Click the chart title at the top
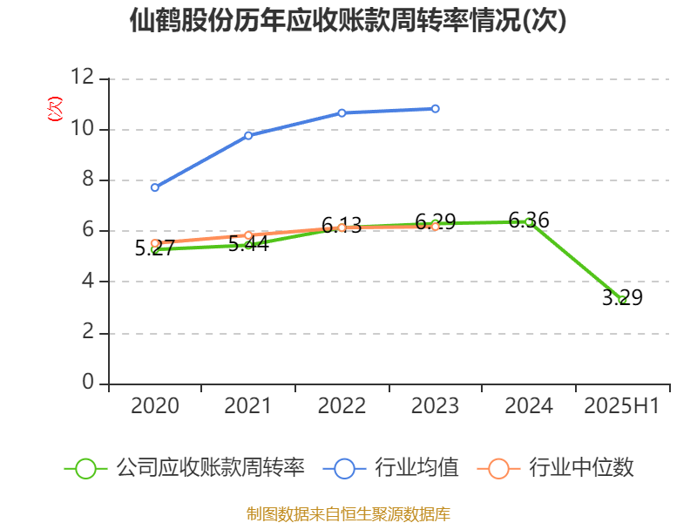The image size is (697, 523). (348, 21)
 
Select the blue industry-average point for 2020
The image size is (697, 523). (155, 187)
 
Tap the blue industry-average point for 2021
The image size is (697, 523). (248, 135)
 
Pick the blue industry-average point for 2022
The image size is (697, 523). (342, 112)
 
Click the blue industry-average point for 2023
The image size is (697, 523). (436, 109)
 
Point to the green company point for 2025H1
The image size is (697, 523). (622, 300)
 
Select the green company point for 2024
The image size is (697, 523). (529, 221)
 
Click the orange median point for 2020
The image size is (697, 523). (155, 243)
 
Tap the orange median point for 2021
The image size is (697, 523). (248, 235)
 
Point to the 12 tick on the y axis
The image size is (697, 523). (82, 78)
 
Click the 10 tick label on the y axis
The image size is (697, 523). (82, 129)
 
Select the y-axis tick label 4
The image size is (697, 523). (87, 282)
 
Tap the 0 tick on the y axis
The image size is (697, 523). (87, 383)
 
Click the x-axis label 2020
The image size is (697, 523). (155, 406)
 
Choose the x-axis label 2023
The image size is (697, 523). (436, 406)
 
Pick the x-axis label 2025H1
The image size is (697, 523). (622, 406)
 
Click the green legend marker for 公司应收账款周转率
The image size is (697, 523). (85, 468)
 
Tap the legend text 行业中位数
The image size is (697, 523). (581, 468)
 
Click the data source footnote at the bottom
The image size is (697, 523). (348, 513)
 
